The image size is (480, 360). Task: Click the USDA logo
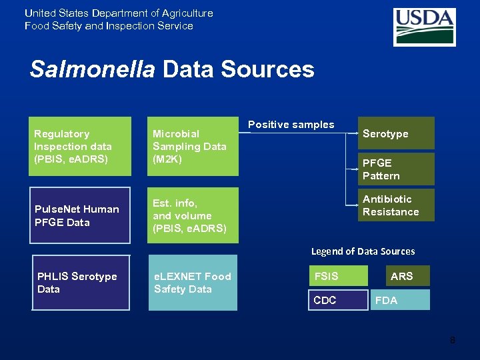pos(424,27)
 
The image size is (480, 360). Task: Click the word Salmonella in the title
pos(92,69)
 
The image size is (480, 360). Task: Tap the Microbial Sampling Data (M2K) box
pos(193,147)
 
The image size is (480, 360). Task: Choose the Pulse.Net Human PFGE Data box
pos(81,215)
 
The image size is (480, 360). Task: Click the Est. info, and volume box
pos(193,215)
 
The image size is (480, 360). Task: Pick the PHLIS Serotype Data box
pos(81,283)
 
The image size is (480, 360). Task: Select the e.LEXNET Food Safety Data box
pos(193,283)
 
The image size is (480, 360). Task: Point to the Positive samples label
pos(291,125)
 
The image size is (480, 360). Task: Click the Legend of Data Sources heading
pos(363,251)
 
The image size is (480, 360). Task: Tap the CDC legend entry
pos(338,300)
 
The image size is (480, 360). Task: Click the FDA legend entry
pos(400,300)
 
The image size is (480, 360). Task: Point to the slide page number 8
pos(453,341)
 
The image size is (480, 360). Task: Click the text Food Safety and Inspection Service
pos(109,26)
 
